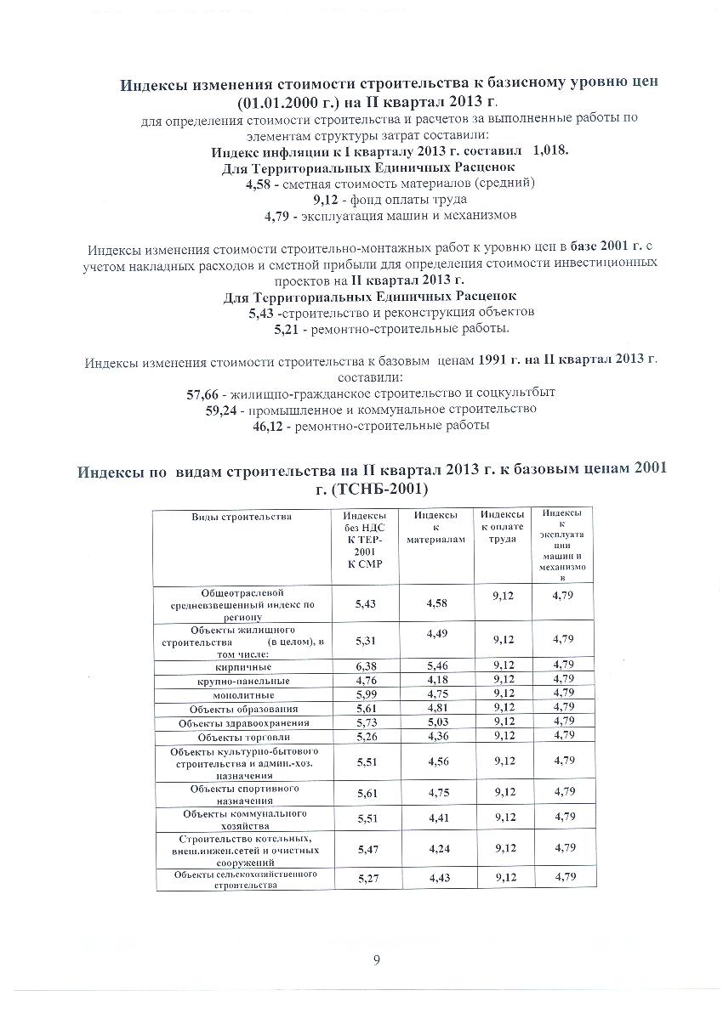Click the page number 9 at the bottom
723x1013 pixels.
point(376,961)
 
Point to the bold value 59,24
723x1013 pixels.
point(223,410)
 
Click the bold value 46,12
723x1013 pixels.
point(270,425)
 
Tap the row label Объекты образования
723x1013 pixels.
point(243,709)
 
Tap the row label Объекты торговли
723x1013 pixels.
point(243,736)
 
